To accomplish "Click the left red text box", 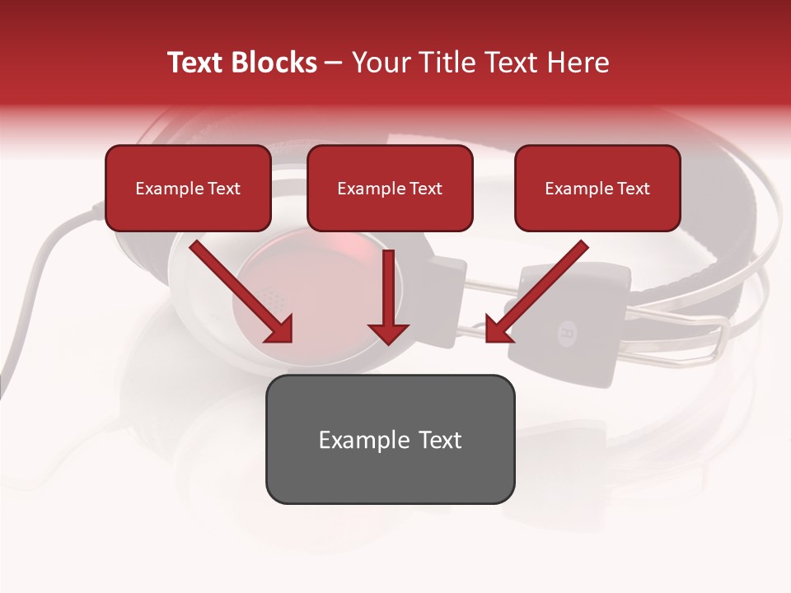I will point(188,188).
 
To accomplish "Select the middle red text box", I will point(390,188).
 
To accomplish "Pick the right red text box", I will point(597,188).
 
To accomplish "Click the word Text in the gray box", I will point(438,439).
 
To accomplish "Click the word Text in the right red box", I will point(634,188).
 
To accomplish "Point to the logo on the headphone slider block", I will point(568,334).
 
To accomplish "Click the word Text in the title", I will point(195,63).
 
